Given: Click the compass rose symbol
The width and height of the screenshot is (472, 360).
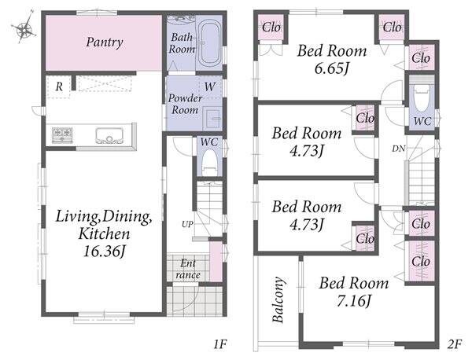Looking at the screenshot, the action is [x=24, y=28].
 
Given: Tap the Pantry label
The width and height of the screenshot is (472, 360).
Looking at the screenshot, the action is [x=105, y=42].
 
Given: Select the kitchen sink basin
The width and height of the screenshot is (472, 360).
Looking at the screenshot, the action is [x=109, y=136].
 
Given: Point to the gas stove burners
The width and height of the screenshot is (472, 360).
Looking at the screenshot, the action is [x=62, y=134].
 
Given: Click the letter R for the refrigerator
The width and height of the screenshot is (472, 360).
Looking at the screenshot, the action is [x=59, y=87].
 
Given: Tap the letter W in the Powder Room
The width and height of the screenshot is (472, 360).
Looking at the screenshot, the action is [x=209, y=87].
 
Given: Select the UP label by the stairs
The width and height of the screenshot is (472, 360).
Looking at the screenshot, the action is [x=187, y=224].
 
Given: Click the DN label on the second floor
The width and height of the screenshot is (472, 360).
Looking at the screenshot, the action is [x=399, y=149].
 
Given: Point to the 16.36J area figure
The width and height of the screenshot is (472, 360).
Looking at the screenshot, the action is [x=104, y=251].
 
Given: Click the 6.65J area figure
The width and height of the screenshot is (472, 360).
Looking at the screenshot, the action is [x=332, y=68].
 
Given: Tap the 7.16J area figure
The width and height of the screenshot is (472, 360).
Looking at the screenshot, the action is [x=354, y=301].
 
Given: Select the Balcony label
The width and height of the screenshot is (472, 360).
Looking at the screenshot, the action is [x=278, y=299].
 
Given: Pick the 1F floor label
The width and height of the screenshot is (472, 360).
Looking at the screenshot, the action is [x=219, y=344].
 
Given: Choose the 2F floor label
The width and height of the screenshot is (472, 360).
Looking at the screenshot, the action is [x=454, y=344].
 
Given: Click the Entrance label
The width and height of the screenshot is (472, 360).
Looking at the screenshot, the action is [x=188, y=269].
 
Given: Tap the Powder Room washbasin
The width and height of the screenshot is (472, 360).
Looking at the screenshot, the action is [x=213, y=119].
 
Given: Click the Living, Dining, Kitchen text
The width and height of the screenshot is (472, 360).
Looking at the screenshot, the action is [x=104, y=225].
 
